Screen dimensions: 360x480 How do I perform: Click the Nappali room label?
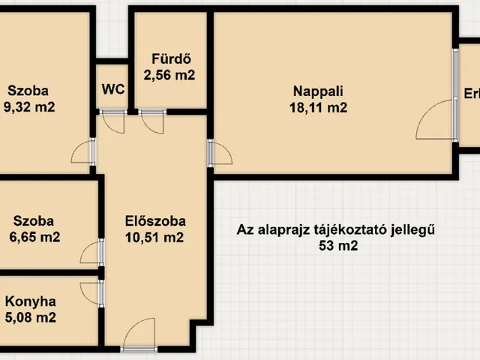[319, 91]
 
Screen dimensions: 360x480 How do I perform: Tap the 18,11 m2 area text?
[319, 107]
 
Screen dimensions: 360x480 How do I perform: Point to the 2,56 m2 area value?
[169, 75]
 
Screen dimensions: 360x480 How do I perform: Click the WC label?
[113, 88]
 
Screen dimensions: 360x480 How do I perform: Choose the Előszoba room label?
[155, 222]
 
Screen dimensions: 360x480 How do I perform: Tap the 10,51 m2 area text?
[155, 238]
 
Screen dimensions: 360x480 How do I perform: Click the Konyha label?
[31, 301]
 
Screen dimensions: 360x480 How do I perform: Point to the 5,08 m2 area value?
[31, 317]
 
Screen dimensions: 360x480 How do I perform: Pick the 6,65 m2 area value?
[33, 237]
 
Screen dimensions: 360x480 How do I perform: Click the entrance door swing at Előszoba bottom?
[139, 334]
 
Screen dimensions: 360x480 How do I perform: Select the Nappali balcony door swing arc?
[435, 120]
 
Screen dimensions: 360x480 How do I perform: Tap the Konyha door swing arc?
[89, 292]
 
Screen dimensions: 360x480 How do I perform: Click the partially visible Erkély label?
[471, 95]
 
